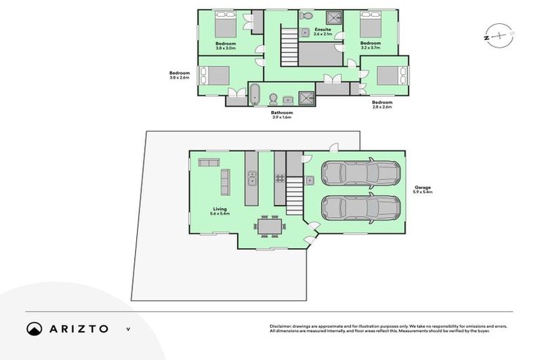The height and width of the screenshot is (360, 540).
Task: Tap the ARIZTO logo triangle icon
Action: click(x=34, y=328)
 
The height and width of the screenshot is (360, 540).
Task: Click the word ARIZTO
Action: click(x=79, y=328)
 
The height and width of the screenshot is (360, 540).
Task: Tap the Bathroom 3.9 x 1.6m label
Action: click(x=282, y=115)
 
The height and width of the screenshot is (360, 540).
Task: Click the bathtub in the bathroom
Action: click(x=255, y=94)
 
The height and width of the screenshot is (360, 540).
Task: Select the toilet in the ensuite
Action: click(x=306, y=15)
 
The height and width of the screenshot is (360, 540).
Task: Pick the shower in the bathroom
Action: click(x=307, y=97)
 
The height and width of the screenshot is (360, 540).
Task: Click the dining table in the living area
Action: click(x=269, y=227)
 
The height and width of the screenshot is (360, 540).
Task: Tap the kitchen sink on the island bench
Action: click(x=252, y=179)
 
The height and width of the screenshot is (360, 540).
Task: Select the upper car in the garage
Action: click(x=360, y=173)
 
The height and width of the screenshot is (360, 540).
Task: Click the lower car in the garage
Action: click(x=360, y=207)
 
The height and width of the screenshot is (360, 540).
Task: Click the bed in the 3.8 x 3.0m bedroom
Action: click(x=224, y=25)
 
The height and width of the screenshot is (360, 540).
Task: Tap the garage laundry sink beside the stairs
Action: click(x=309, y=180)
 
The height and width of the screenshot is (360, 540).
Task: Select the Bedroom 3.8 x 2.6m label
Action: click(x=180, y=75)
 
